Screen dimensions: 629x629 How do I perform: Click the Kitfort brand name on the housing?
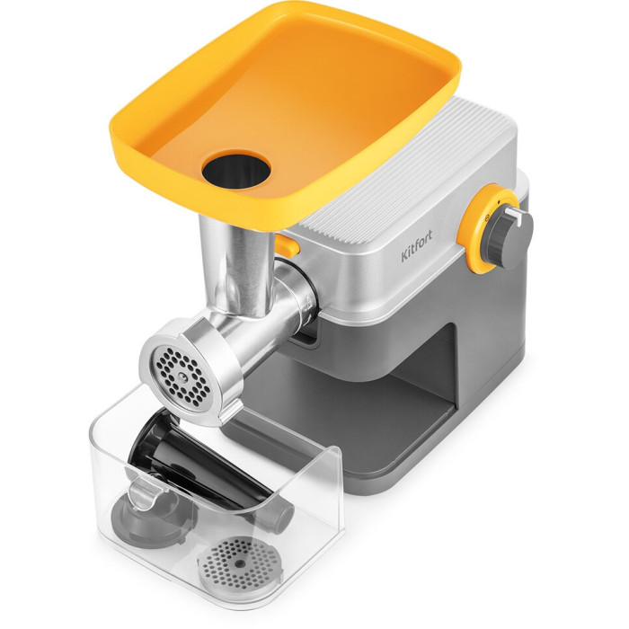(x=417, y=246)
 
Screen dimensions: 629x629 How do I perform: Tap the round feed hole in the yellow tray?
(x=235, y=170)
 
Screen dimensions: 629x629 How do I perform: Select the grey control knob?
(x=510, y=236)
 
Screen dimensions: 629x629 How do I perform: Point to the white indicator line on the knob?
(x=514, y=214)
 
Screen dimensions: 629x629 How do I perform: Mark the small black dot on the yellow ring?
(x=498, y=201)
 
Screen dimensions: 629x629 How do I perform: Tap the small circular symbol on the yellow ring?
(x=487, y=217)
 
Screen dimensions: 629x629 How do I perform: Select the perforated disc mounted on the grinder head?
(x=182, y=377)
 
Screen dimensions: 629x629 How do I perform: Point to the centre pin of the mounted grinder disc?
(x=182, y=377)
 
